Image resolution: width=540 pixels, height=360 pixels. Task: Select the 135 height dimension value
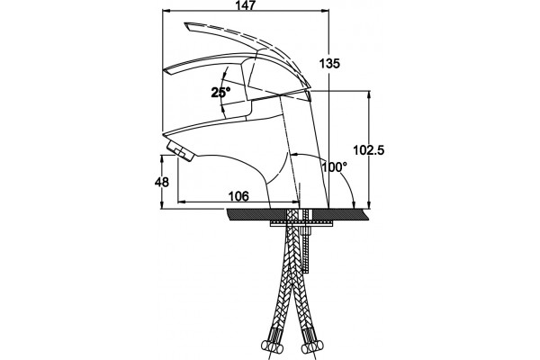click(329, 63)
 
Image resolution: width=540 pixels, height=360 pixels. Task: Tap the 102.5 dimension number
click(368, 150)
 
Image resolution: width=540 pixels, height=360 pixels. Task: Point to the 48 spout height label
click(162, 182)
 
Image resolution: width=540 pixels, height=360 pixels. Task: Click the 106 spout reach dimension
click(238, 196)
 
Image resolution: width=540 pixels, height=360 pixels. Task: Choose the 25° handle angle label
click(220, 93)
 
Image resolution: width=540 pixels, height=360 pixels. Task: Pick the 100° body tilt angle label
click(335, 167)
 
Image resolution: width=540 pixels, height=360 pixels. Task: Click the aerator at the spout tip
click(180, 151)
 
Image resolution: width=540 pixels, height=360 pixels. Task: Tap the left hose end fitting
click(272, 346)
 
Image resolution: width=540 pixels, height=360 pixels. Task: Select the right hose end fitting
click(312, 346)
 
